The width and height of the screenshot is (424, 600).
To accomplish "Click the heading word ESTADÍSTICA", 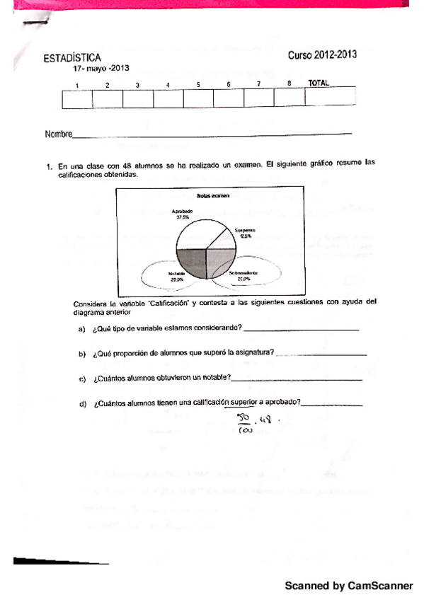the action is (71, 58).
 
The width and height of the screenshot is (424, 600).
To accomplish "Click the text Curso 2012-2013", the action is (322, 54).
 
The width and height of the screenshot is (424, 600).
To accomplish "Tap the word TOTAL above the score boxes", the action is (319, 83).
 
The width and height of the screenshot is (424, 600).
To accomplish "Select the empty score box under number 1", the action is (77, 99).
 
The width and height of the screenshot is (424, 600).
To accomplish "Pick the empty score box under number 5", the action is (198, 99).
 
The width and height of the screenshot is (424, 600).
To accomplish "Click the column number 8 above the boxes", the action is (290, 83).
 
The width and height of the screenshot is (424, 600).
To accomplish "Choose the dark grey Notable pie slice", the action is (191, 262).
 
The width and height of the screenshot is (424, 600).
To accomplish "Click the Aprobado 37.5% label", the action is (182, 214).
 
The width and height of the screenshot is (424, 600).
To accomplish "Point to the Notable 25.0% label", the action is (177, 277).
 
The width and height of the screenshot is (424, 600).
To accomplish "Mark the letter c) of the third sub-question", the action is (82, 379).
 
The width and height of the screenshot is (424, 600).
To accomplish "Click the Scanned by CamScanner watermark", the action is (348, 586).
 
